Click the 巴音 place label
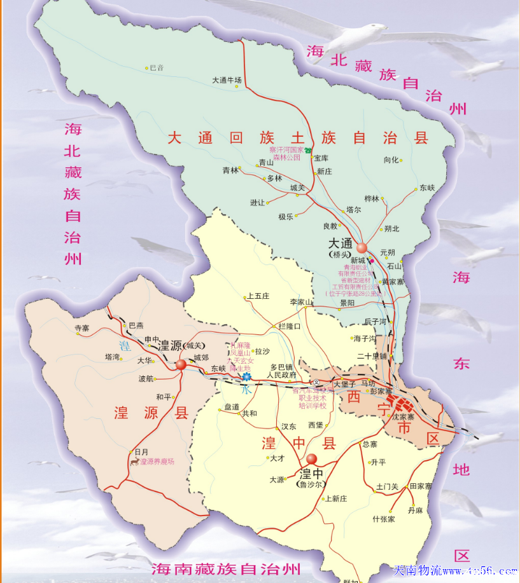157,67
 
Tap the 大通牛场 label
227,80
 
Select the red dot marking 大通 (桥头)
362,247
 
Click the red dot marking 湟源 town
181,364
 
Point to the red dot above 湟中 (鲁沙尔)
311,458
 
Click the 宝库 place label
321,158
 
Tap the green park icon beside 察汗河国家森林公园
308,151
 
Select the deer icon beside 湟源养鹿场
134,461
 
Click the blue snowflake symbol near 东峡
246,377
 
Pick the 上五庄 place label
258,296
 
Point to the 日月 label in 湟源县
141,451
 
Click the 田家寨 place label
421,486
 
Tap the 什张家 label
384,519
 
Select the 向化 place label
391,160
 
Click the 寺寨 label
82,328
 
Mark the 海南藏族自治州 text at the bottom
225,568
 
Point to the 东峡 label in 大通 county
427,188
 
